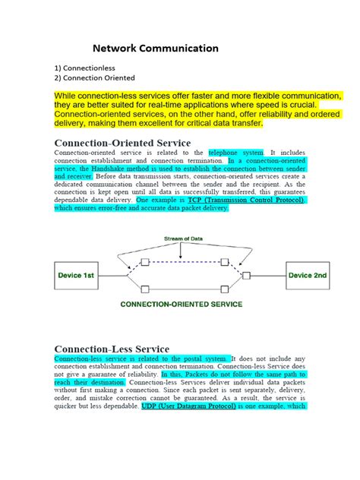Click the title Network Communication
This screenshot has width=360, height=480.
coord(156,48)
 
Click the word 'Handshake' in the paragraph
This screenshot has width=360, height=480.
coord(112,171)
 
